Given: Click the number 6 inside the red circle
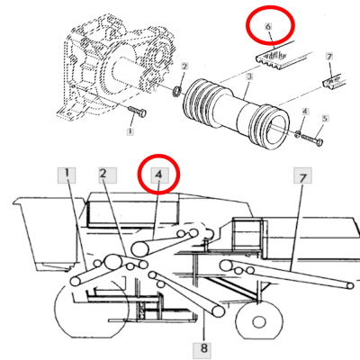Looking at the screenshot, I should tap(268, 28).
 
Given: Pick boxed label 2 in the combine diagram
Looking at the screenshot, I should tap(105, 174).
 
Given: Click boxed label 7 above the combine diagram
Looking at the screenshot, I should tap(301, 177).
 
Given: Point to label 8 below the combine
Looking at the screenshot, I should tap(205, 346).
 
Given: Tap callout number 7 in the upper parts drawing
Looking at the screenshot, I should tap(330, 57).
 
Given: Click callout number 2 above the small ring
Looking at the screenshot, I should tap(184, 67).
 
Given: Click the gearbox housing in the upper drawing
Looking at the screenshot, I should tap(99, 67).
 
